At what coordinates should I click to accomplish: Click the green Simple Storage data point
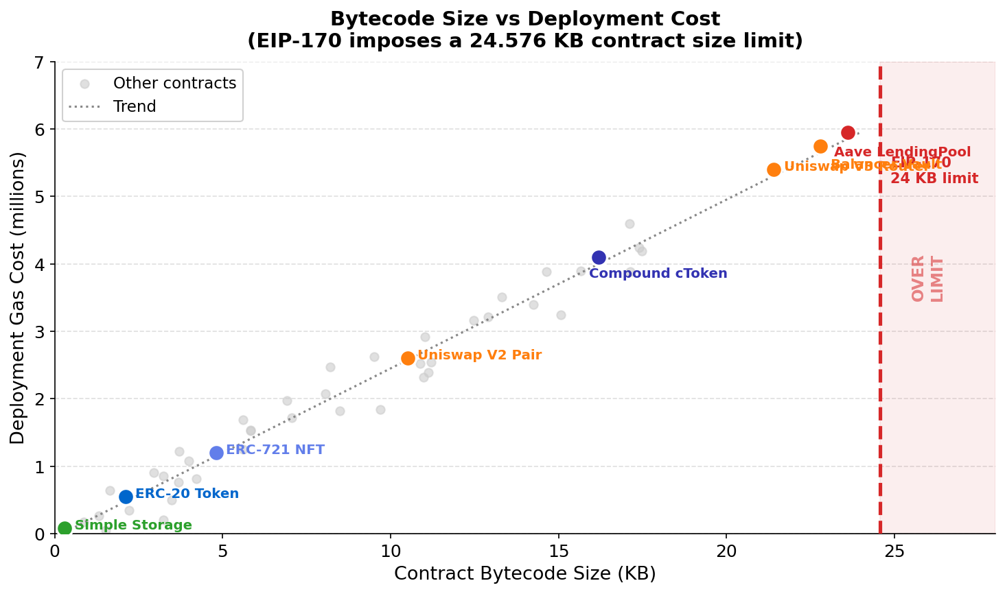coord(65,528)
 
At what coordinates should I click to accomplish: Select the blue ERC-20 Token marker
coord(126,497)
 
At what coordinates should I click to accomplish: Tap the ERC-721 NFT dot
coord(216,453)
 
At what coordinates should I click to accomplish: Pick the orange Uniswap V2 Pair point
coord(408,358)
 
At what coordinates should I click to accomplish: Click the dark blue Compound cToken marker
coord(599,257)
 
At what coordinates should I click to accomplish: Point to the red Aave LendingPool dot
coord(848,132)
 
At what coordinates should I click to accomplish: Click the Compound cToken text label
coord(658,274)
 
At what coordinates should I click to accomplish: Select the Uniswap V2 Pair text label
coord(479,355)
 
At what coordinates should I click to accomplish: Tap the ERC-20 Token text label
coord(187,494)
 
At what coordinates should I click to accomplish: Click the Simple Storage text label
coord(133,525)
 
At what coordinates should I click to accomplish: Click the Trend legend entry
coord(135,107)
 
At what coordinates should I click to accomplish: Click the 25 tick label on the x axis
coord(894,551)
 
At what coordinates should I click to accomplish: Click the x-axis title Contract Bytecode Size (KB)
coord(524,574)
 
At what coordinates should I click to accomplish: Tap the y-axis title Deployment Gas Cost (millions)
coord(18,298)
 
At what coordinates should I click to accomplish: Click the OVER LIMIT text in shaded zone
coord(927,278)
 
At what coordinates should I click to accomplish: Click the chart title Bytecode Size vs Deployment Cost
coord(524,19)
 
